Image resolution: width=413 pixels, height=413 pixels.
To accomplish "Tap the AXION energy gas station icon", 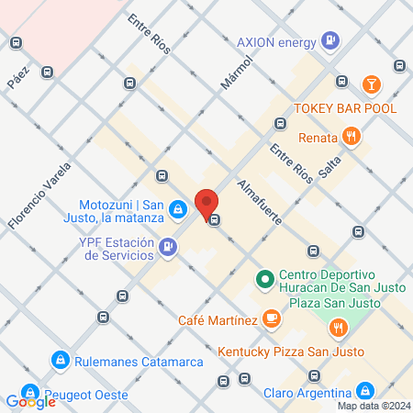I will point(330,41).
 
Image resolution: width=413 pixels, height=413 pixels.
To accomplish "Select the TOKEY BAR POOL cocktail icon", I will point(371,85).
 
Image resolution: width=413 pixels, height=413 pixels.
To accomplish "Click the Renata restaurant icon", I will point(351,137).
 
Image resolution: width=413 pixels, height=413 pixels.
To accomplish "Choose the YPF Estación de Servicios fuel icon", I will point(168,246).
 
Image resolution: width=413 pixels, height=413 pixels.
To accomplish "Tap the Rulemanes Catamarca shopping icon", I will point(61,361).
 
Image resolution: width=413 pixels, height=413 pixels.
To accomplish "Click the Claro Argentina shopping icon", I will point(366,390).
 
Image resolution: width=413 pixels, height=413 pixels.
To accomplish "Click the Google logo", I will point(30,401).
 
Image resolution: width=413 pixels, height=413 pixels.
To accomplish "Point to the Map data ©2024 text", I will point(373,406).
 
